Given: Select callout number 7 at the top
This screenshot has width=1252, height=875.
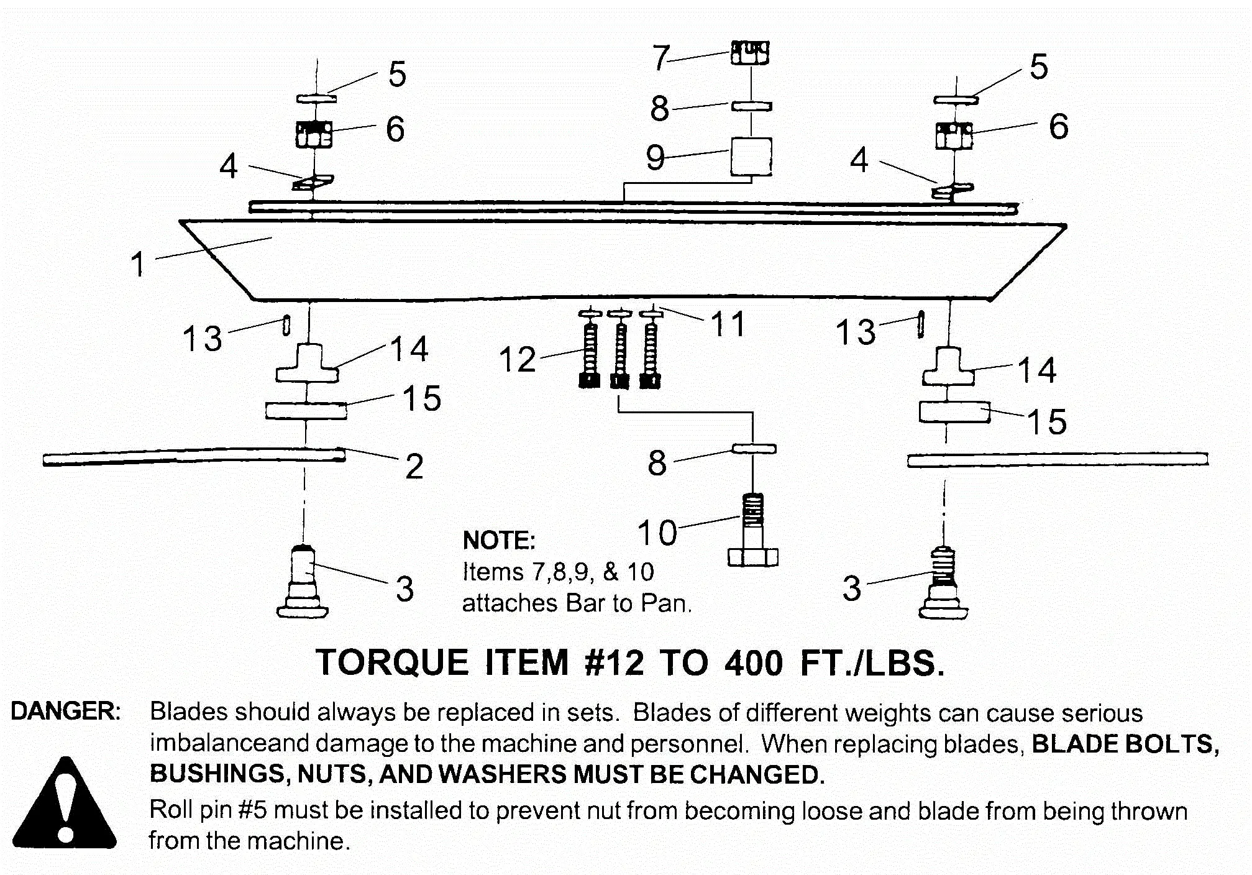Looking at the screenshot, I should (x=660, y=57).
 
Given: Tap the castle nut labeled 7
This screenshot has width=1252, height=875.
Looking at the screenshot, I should (x=750, y=53).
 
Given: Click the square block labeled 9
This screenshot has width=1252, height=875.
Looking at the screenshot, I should (x=751, y=157).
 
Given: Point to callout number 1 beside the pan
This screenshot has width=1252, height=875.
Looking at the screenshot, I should (x=138, y=264).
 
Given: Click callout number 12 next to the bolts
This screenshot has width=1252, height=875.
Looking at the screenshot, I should (x=517, y=360).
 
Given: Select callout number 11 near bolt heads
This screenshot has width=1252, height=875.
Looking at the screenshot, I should (x=728, y=324).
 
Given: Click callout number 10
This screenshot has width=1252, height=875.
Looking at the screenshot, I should (x=657, y=533).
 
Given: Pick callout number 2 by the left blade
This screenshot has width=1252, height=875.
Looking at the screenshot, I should (x=414, y=466).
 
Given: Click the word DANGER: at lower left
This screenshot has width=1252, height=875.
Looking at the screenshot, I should (x=66, y=712).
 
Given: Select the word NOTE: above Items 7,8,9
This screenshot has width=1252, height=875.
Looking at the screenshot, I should (x=498, y=540).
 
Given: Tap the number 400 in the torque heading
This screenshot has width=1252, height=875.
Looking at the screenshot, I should (x=753, y=663).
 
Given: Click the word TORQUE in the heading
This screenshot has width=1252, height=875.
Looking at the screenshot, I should (x=392, y=662).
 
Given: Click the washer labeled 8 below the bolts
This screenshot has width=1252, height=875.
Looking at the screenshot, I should (x=754, y=449).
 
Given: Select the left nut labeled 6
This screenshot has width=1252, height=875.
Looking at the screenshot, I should (x=314, y=134).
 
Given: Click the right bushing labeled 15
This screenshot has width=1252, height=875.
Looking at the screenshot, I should (x=954, y=413).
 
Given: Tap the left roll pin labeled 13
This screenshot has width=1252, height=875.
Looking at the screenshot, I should (x=286, y=326).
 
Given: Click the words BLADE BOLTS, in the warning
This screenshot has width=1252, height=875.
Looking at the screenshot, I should (x=1125, y=744).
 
